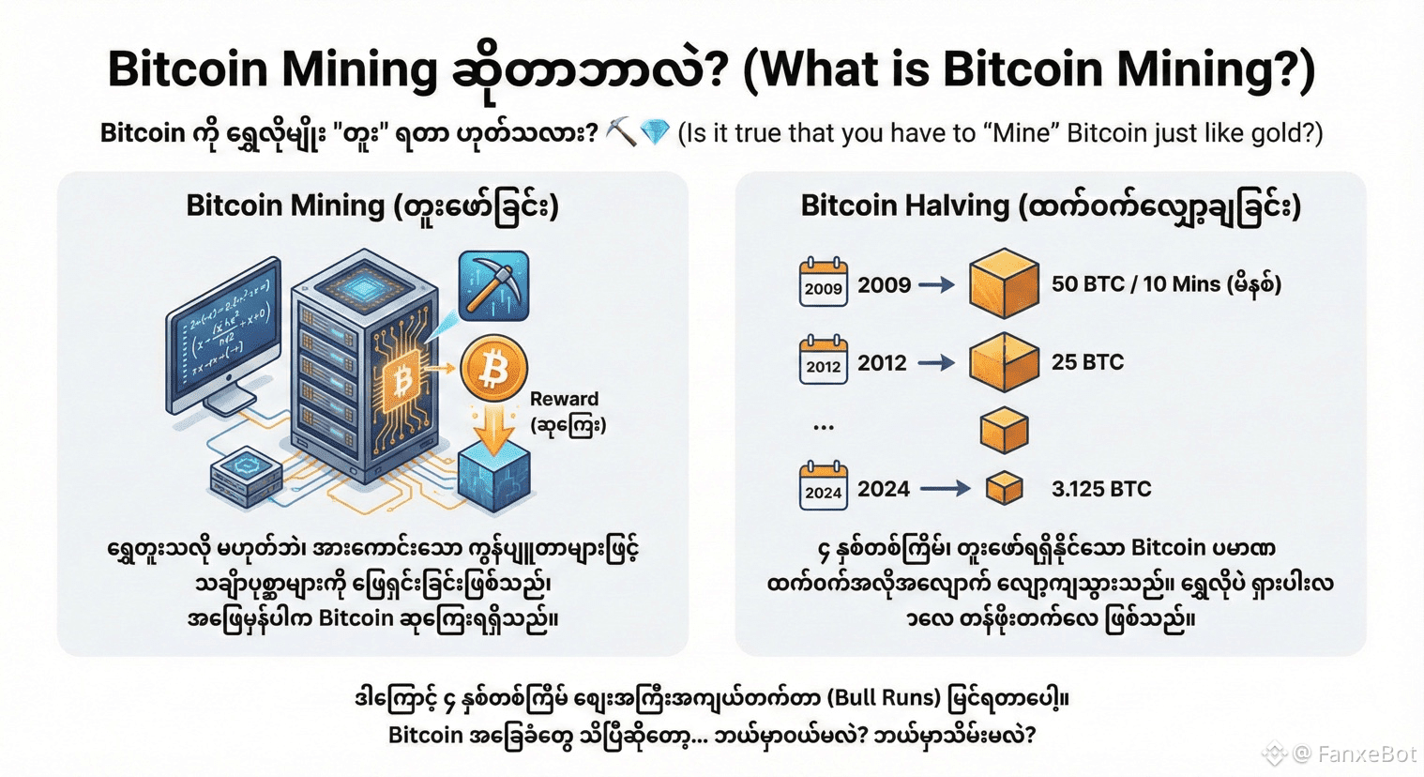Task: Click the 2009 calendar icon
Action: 823,283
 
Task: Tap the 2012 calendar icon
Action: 823,361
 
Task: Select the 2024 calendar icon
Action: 823,487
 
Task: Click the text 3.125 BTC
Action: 1100,489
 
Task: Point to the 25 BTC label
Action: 1087,362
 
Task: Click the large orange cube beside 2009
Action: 1004,282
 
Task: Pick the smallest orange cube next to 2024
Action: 1004,488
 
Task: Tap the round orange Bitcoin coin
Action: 493,369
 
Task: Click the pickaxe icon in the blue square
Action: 493,285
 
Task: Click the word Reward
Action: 564,399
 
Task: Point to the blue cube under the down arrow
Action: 494,477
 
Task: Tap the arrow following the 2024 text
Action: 945,488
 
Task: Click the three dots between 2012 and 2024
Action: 824,428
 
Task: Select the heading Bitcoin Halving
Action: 905,206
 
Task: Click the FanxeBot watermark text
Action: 1366,754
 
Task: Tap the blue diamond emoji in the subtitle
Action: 655,132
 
